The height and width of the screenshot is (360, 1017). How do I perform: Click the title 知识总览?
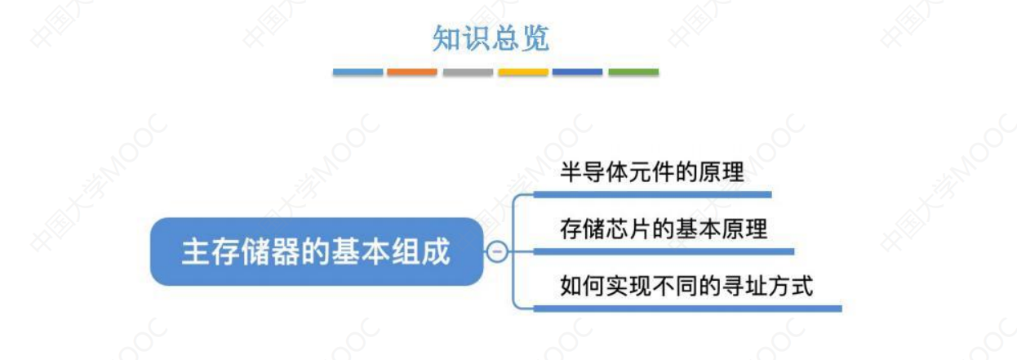tap(491, 39)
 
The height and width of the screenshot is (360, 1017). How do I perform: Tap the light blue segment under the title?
tap(358, 73)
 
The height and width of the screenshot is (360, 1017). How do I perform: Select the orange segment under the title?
tap(412, 73)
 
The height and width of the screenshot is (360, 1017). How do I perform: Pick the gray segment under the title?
tap(468, 73)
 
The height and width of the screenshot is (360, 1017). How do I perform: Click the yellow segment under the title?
tap(523, 73)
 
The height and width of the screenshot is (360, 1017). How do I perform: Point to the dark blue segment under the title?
tap(578, 73)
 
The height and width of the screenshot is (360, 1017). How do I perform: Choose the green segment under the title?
tap(633, 73)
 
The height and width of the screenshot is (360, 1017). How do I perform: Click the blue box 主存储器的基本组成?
tap(317, 251)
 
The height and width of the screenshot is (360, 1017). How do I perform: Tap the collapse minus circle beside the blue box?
tap(495, 251)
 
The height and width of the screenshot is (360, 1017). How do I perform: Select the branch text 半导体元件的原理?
tap(652, 174)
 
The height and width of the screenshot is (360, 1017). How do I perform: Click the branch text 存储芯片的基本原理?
tap(664, 229)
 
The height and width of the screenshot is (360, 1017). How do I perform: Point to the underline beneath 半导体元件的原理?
tap(652, 195)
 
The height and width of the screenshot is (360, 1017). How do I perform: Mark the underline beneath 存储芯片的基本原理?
tap(664, 251)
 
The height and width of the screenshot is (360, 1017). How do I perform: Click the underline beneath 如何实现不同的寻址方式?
tap(686, 309)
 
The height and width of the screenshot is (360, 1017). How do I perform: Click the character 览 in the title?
tap(535, 39)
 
